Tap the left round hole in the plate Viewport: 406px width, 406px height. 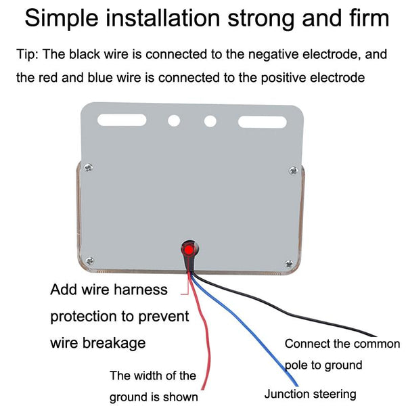(x=174, y=121)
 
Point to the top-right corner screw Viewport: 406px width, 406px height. (x=292, y=170)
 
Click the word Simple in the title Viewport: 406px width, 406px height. (x=62, y=19)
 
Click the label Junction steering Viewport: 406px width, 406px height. (x=310, y=394)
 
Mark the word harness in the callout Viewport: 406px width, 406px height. (x=141, y=290)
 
